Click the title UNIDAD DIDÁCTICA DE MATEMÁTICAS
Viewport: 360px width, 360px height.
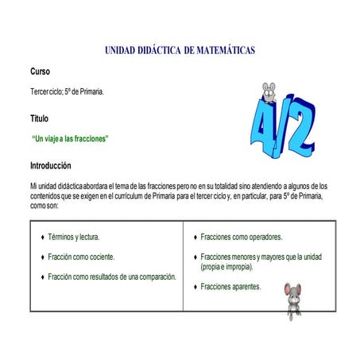180,51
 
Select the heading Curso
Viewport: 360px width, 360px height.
40,72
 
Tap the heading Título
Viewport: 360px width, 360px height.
39,118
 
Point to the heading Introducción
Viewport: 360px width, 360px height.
50,166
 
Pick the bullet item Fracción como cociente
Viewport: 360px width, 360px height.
81,257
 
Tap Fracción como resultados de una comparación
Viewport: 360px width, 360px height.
111,277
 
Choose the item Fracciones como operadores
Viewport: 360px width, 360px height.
242,237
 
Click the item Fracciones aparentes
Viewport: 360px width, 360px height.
230,286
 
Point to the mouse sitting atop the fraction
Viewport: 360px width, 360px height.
270,92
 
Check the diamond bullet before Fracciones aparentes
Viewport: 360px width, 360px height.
195,286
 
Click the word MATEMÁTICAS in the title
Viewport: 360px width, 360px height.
219,51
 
